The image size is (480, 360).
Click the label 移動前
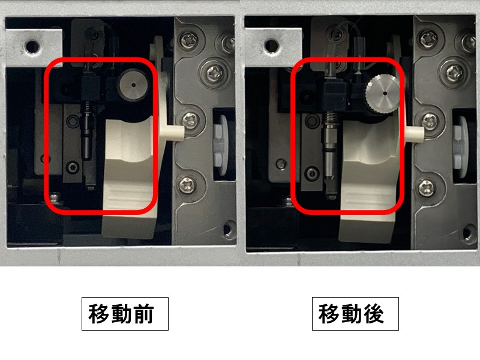(125, 313)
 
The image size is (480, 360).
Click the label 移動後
(355, 313)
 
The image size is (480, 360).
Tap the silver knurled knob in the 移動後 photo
(382, 93)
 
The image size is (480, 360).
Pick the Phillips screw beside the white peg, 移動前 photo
(191, 119)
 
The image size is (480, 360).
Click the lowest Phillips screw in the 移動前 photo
(186, 184)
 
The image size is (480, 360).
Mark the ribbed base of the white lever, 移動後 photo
(368, 195)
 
